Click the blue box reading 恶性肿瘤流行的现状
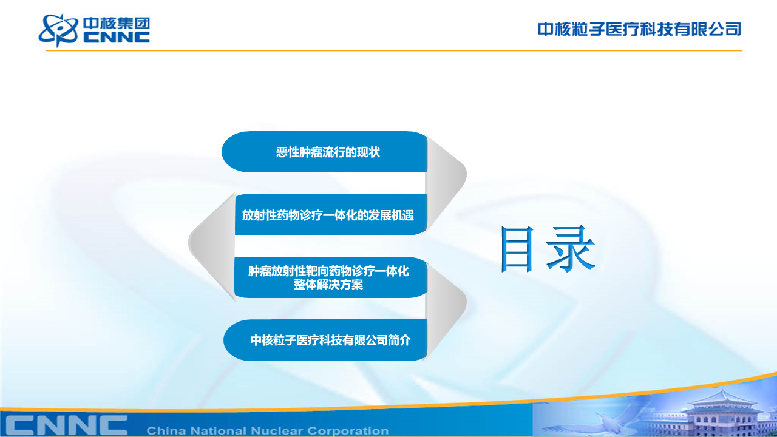[324, 152]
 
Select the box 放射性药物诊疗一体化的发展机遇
[331, 215]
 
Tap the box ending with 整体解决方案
[331, 277]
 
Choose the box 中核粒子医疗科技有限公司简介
[325, 340]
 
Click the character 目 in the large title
[517, 249]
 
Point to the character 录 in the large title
[571, 248]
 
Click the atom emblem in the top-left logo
[58, 30]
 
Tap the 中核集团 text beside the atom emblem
[117, 24]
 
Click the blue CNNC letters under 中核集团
[117, 38]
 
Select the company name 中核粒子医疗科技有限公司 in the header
[639, 29]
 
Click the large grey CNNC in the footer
[67, 426]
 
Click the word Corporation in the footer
[348, 431]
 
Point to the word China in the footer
[166, 431]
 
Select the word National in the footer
[222, 431]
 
